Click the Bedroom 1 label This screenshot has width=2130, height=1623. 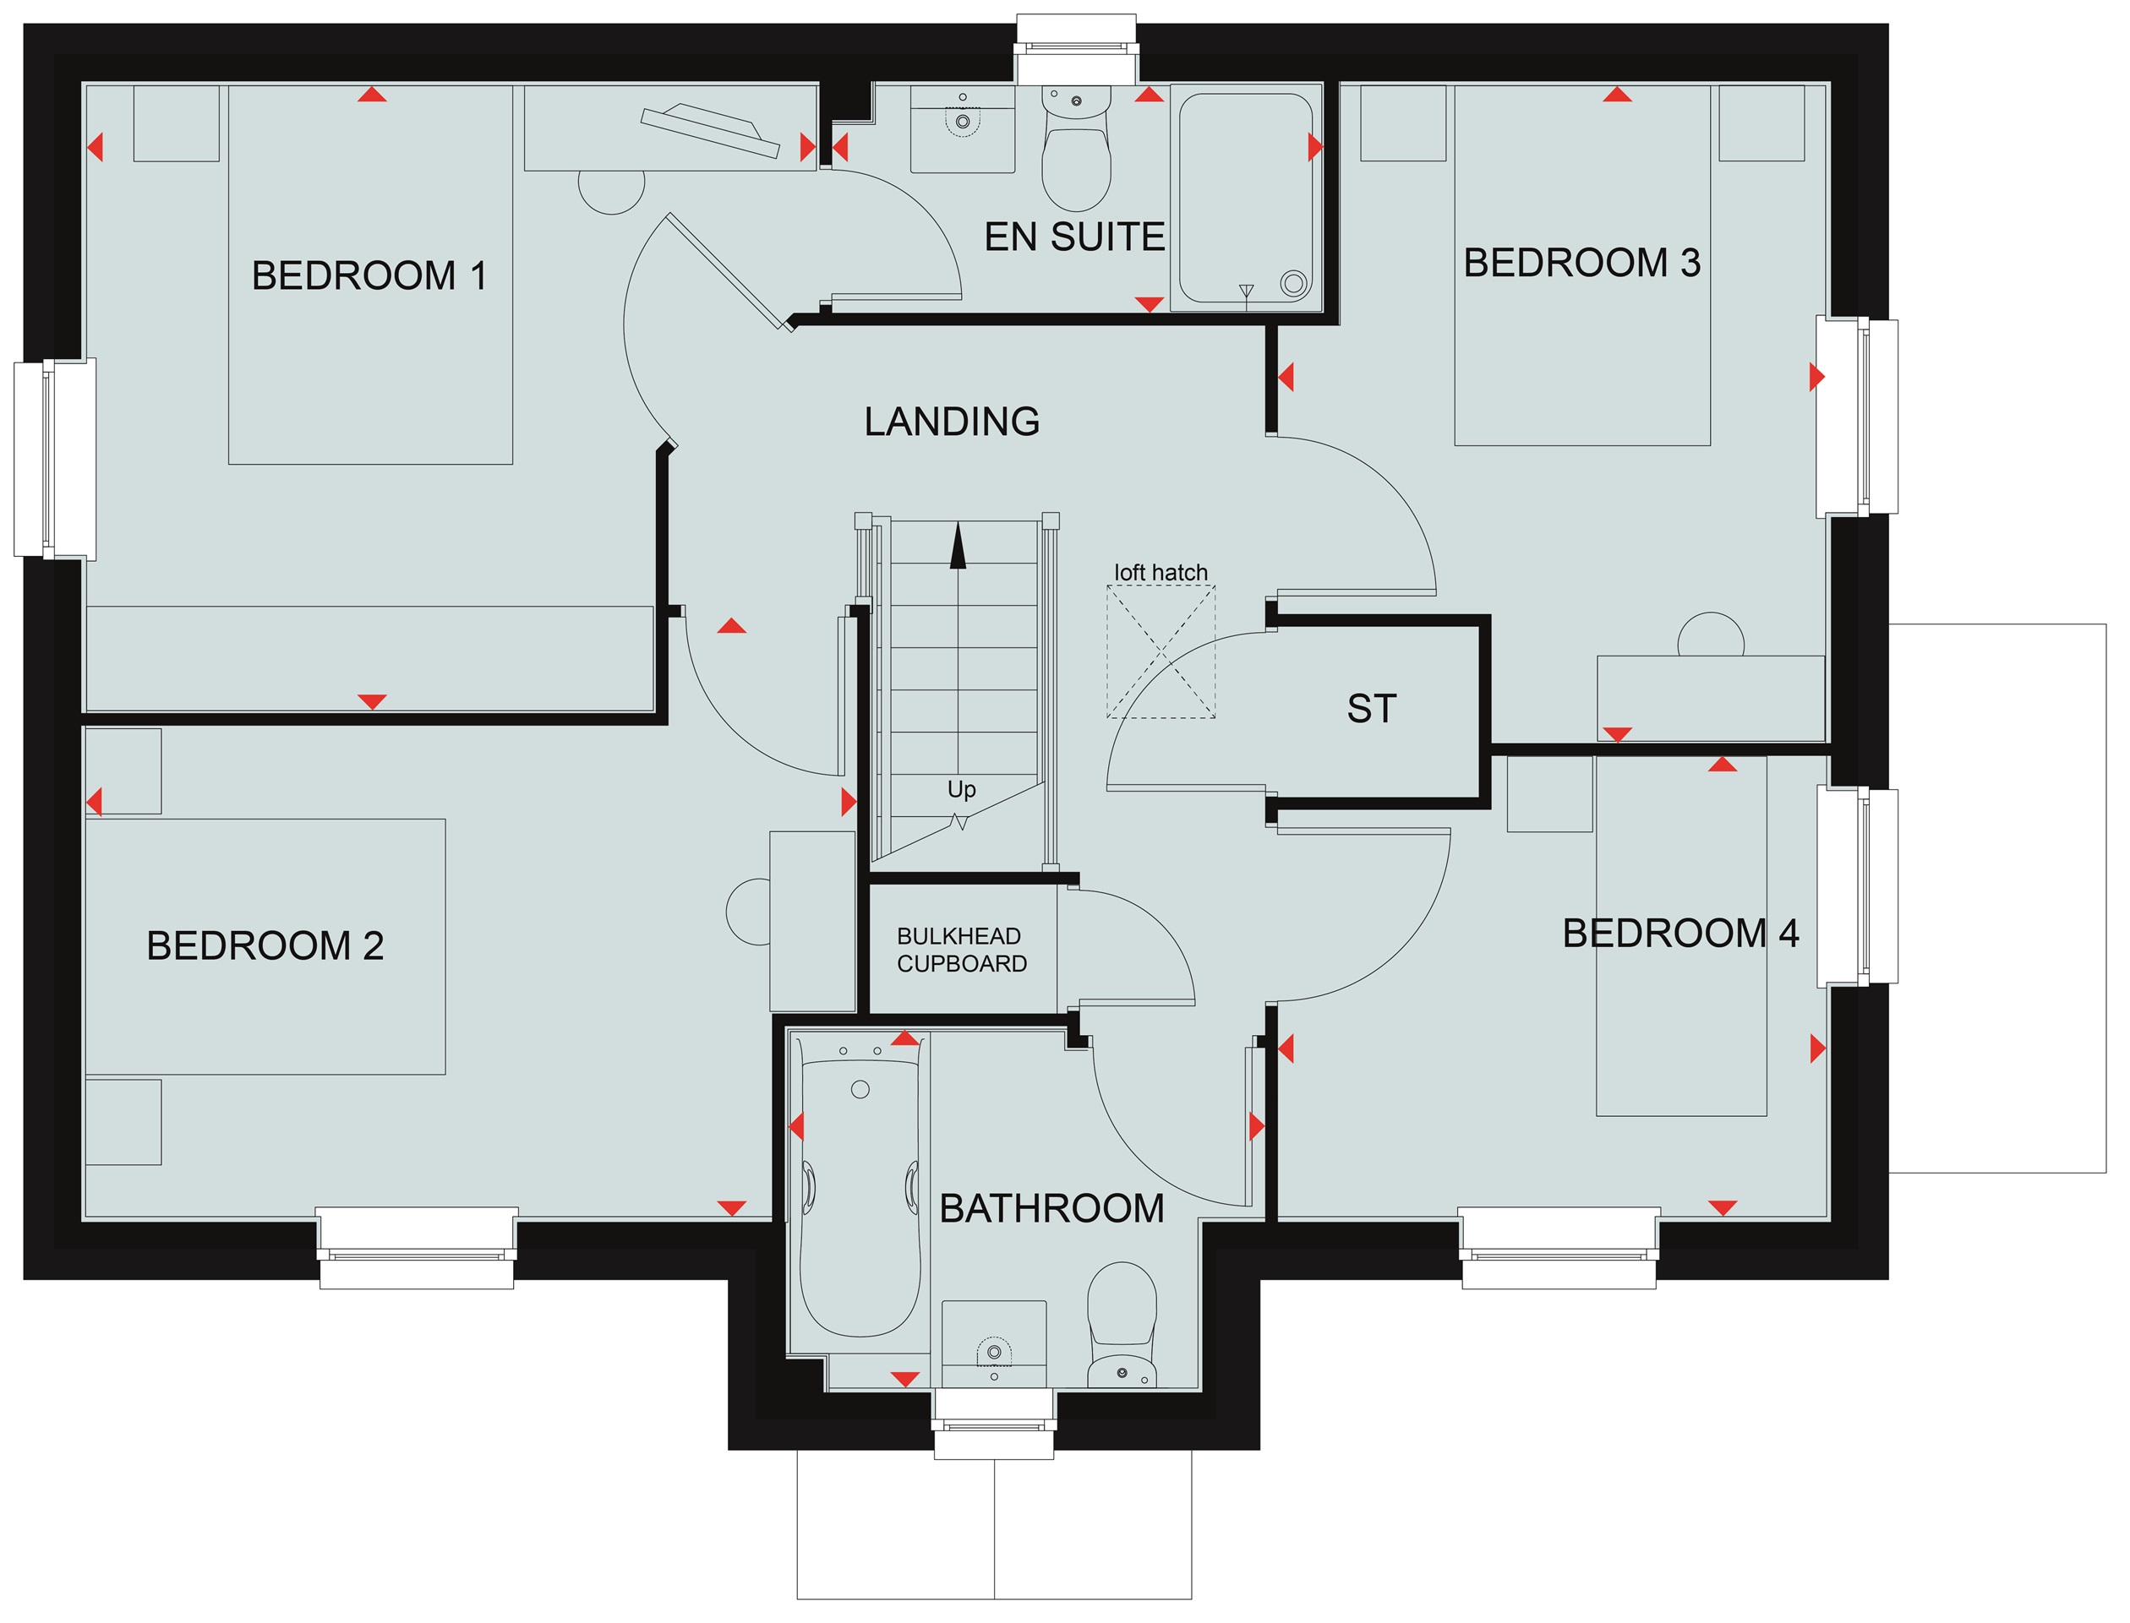pyautogui.click(x=369, y=275)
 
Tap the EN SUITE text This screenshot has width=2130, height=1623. pyautogui.click(x=1074, y=237)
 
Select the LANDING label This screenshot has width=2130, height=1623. pyautogui.click(x=952, y=422)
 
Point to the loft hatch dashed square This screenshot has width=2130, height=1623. pyautogui.click(x=1161, y=651)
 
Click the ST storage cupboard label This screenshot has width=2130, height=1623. pyautogui.click(x=1371, y=709)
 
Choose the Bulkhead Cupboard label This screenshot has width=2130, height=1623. pyautogui.click(x=962, y=950)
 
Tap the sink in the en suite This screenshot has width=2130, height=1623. pyautogui.click(x=963, y=128)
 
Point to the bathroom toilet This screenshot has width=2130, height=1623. pyautogui.click(x=1122, y=1324)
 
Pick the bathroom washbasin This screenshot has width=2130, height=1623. pyautogui.click(x=993, y=1345)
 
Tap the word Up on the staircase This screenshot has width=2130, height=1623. pyautogui.click(x=962, y=789)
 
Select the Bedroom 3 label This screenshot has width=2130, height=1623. pyautogui.click(x=1582, y=263)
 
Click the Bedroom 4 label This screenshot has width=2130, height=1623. pyautogui.click(x=1680, y=934)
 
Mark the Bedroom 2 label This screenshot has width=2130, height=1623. pyautogui.click(x=265, y=945)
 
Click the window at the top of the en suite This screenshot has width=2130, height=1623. pyautogui.click(x=1076, y=48)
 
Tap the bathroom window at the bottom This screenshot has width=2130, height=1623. pyautogui.click(x=993, y=1424)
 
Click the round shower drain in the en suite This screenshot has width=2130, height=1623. pyautogui.click(x=1294, y=283)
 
